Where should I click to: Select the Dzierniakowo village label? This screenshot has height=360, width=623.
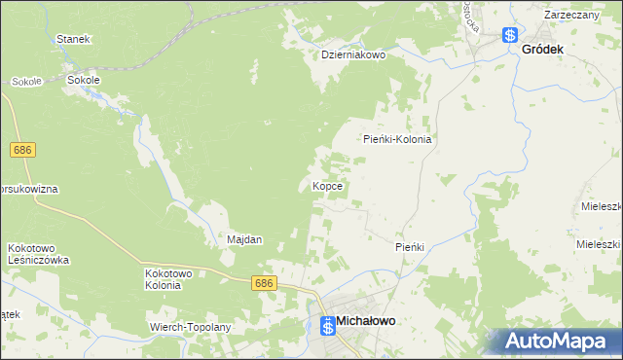point(354,55)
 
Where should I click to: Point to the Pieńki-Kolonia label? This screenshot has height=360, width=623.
point(397,139)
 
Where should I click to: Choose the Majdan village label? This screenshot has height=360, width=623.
point(244,239)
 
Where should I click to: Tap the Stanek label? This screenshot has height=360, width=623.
point(73,39)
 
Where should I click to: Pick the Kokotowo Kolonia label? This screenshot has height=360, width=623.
point(164,279)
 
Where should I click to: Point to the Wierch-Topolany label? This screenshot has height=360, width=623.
point(190,327)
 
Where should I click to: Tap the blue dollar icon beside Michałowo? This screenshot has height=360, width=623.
point(328,326)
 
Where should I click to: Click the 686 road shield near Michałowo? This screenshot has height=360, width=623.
point(264,283)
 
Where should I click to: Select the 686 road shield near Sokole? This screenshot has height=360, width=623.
point(23,150)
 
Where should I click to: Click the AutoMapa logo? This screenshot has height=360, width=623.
point(556,340)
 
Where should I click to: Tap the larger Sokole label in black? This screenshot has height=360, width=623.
point(84,81)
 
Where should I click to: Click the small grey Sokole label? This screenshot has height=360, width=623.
point(26,82)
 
